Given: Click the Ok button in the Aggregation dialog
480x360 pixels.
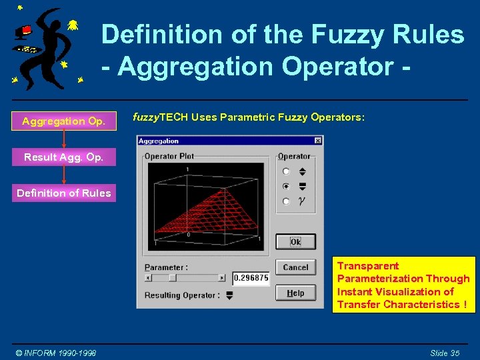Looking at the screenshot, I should click(x=295, y=242).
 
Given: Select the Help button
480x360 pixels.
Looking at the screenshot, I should click(x=295, y=293).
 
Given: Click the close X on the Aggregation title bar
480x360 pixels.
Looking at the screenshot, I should click(x=317, y=141).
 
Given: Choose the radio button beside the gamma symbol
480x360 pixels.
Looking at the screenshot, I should click(x=286, y=201).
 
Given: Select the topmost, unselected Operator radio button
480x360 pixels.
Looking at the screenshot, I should click(x=286, y=171).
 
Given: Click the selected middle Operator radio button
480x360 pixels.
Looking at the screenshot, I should click(x=286, y=186).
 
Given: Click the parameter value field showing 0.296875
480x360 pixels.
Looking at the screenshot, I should click(x=251, y=278).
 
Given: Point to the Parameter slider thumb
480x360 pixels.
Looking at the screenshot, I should click(x=172, y=277).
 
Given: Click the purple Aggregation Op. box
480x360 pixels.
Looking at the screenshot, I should click(x=63, y=121).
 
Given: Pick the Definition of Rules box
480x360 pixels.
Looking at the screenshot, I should click(x=64, y=193).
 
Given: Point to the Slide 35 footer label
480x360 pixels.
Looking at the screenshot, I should click(x=445, y=353).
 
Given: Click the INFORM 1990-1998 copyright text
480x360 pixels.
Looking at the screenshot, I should click(x=56, y=353).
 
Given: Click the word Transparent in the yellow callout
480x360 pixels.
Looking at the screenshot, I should click(x=368, y=266).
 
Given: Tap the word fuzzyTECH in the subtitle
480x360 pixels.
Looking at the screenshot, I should click(x=160, y=117).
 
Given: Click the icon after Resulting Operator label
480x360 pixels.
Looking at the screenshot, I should click(x=229, y=295).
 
